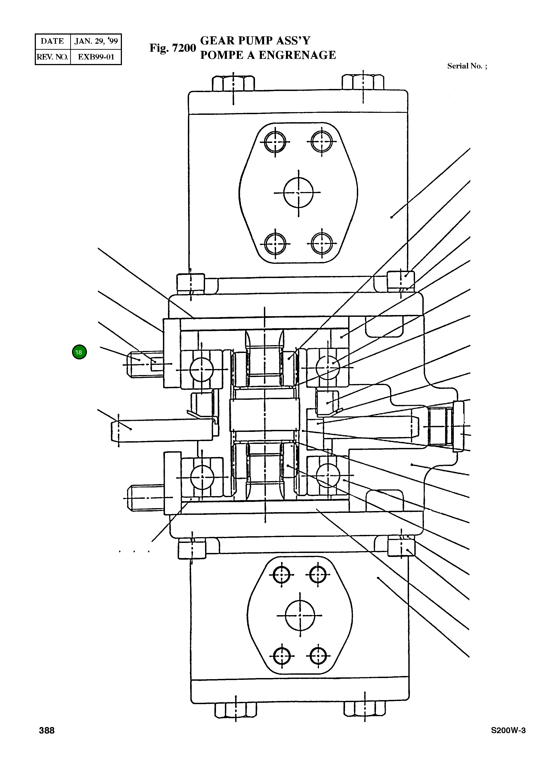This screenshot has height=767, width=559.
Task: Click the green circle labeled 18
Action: pos(79,352)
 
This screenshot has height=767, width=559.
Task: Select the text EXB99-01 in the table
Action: pos(96,57)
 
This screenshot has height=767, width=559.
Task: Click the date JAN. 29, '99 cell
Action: pos(96,41)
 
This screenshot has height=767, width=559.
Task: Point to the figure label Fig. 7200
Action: pos(173,48)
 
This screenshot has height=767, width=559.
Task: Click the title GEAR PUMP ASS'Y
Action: pos(255,41)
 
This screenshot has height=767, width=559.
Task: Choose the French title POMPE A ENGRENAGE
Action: pos(268,55)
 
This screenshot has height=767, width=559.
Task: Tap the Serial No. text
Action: pos(467,66)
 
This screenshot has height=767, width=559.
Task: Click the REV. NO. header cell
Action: pos(52,57)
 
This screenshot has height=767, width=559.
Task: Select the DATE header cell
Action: pos(52,41)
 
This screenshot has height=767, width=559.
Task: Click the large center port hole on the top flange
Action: pos(298,193)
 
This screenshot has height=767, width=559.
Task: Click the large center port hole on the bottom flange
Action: pos(300,615)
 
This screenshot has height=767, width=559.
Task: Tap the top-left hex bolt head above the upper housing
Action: pos(234,83)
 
